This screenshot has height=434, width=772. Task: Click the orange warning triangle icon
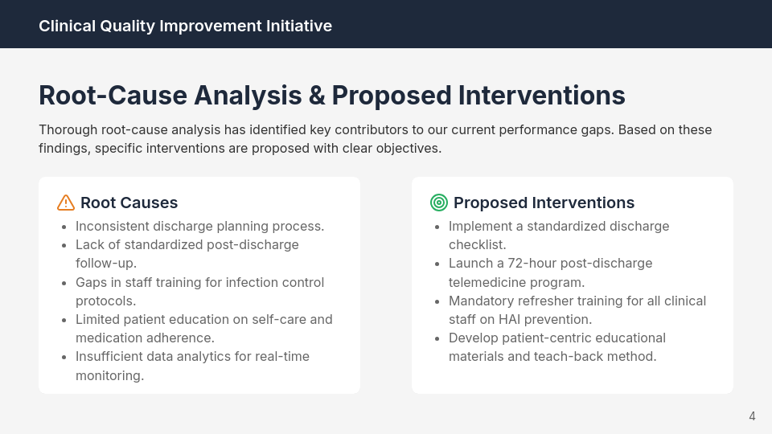point(66,203)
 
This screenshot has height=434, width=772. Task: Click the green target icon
point(438,203)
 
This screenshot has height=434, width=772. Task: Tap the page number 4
point(752,416)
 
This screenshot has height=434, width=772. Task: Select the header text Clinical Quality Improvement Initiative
point(185,26)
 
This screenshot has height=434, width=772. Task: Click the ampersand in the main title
point(316,96)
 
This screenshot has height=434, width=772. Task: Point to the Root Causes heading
point(129,203)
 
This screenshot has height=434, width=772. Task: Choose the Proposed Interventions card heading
point(544,203)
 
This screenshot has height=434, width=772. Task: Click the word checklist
point(477,244)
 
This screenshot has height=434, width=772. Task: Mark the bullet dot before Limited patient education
point(64,320)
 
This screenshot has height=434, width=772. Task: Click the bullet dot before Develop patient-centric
point(437,338)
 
